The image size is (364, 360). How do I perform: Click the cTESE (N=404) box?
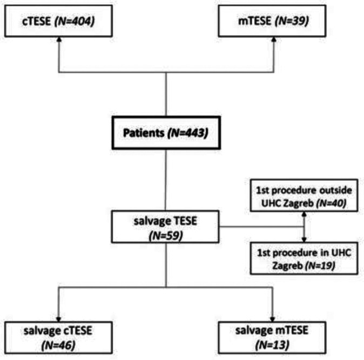point(58,21)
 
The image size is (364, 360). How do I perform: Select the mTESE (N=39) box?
point(273,21)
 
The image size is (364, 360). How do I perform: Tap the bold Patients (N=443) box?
point(165,131)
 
